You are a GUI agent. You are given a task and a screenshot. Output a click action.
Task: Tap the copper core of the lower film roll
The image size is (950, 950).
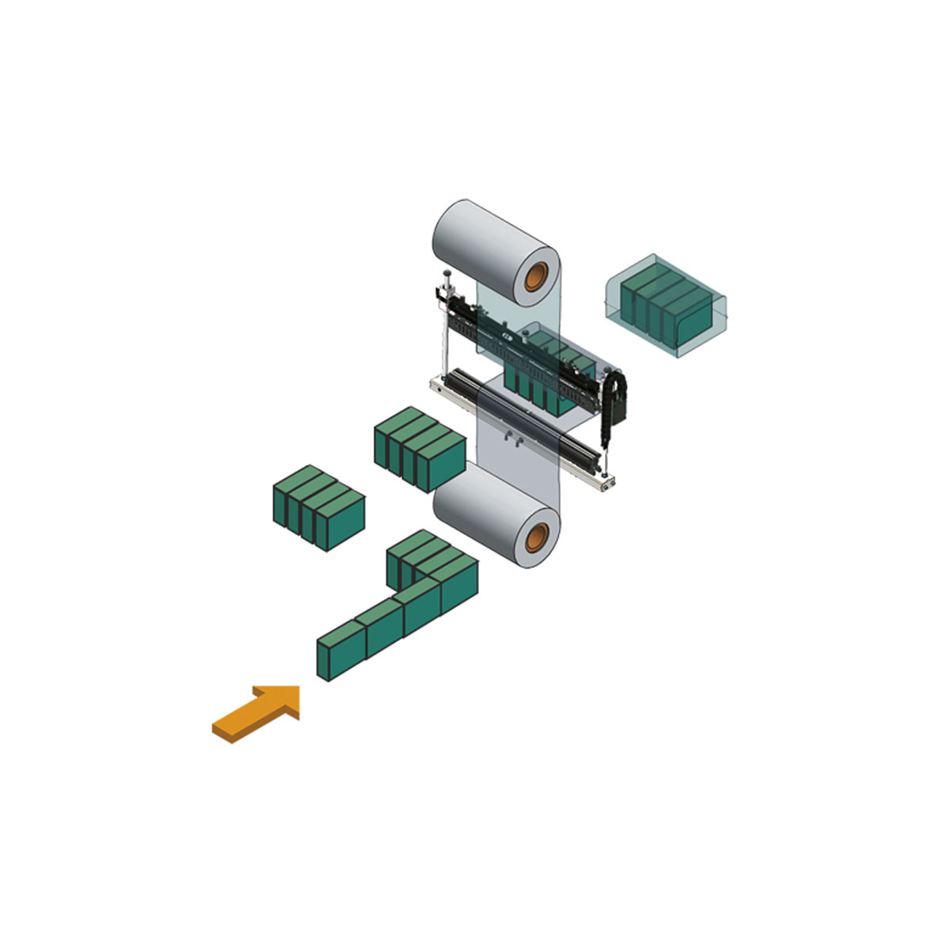(x=540, y=538)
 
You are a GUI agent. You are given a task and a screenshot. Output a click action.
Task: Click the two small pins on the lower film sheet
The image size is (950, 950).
(x=511, y=440)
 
